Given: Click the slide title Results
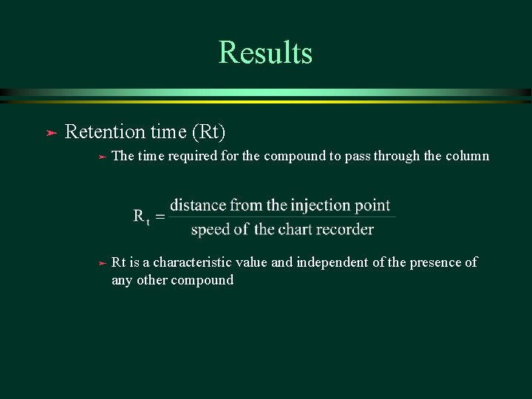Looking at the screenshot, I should pos(265,53).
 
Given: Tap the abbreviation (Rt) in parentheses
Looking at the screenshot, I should pos(208,132).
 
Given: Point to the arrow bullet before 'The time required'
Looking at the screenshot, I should pos(103,156).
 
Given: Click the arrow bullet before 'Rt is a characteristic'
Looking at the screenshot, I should pos(103,262).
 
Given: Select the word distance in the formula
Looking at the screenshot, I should pos(197,205).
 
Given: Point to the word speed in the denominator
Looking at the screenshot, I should pos(210,230).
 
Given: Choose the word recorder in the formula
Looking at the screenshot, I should pos(347,229).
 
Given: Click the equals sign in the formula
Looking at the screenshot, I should pos(160,216).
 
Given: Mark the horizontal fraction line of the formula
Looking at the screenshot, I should pos(282,217).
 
